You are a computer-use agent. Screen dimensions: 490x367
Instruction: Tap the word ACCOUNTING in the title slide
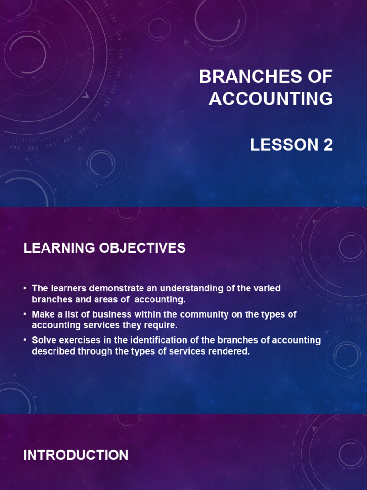270,99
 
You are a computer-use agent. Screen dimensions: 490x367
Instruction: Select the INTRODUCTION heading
76,455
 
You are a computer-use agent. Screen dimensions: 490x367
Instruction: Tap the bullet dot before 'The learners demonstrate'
25,289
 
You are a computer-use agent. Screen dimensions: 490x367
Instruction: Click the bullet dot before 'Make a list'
25,315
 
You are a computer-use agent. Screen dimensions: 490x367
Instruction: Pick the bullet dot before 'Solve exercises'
25,341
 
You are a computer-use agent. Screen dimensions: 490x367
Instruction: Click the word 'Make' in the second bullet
43,314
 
